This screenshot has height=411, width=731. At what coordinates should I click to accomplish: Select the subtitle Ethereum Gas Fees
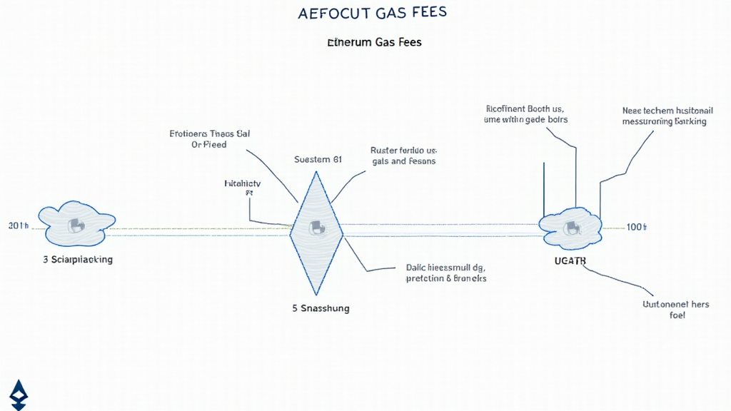374,43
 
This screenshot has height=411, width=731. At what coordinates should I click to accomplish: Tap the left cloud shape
76,225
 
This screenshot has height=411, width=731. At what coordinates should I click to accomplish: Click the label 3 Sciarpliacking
78,260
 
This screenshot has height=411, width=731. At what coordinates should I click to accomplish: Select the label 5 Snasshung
321,309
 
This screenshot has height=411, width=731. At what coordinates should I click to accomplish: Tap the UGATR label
570,261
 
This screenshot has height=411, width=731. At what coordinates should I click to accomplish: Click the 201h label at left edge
19,226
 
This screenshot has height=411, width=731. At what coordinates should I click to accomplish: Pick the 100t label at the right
636,227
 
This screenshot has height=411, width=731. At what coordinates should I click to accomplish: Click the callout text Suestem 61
318,159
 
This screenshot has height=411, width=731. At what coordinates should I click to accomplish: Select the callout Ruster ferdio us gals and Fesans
403,156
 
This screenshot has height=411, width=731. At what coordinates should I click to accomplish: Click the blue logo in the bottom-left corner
19,394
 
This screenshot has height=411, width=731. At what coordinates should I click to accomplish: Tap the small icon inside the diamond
316,228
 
